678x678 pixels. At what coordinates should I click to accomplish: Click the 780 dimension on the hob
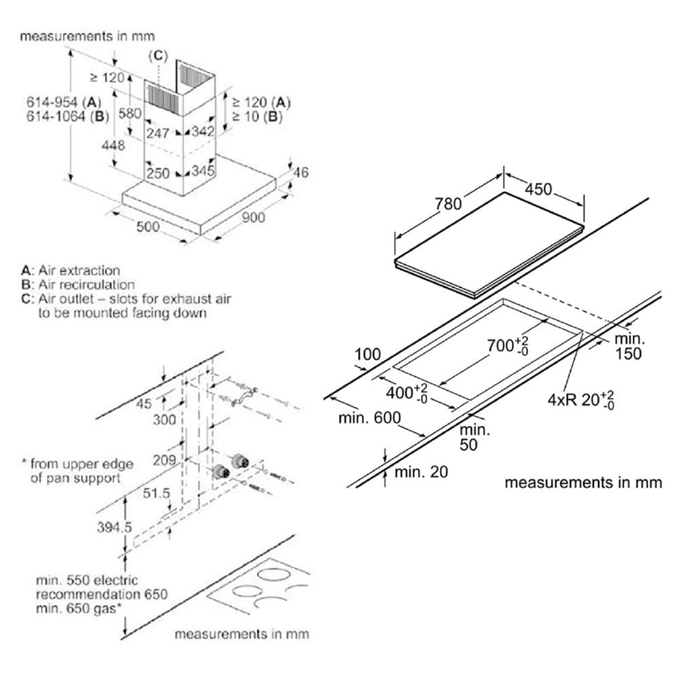[x=448, y=203]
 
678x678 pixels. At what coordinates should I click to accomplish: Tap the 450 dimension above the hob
[x=538, y=189]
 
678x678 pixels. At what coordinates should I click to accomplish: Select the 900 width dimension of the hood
[x=254, y=218]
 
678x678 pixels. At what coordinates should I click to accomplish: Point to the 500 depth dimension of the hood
[x=148, y=226]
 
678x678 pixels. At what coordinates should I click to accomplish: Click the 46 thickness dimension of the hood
[x=301, y=172]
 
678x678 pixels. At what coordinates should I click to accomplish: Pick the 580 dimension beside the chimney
[x=129, y=113]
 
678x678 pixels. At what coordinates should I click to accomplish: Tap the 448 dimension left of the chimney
[x=113, y=145]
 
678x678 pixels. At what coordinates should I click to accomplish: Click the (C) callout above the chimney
[x=158, y=56]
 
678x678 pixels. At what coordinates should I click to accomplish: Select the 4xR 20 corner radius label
[x=581, y=399]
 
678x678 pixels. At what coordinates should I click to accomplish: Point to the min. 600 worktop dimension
[x=370, y=418]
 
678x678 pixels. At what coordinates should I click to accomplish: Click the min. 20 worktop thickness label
[x=421, y=472]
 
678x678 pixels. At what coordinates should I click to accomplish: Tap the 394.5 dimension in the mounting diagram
[x=114, y=527]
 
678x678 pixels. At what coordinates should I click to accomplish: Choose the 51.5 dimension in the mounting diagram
[x=157, y=493]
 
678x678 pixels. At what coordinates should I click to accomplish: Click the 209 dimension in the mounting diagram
[x=164, y=460]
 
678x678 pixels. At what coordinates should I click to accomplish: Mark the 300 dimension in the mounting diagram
[x=164, y=420]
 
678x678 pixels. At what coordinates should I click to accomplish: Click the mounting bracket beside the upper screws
[x=244, y=397]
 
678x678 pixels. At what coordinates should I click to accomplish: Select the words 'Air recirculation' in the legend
[x=87, y=285]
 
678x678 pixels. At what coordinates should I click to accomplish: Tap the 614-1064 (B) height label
[x=67, y=117]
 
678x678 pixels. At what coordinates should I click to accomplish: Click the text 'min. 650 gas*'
[x=79, y=608]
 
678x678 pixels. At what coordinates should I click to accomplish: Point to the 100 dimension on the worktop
[x=367, y=354]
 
